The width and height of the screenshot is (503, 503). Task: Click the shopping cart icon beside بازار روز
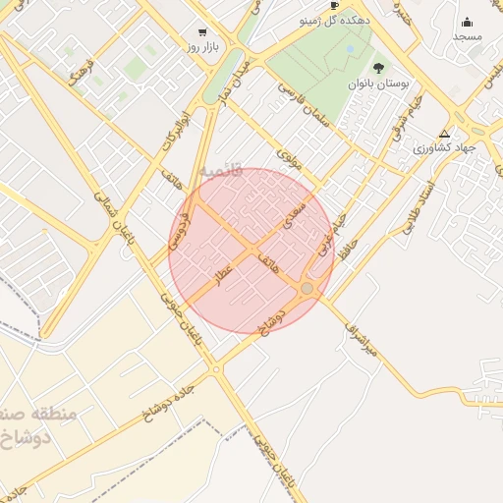pyautogui.click(x=202, y=31)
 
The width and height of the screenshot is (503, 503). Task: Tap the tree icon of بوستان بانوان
pyautogui.click(x=379, y=68)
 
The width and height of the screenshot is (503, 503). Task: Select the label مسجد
pyautogui.click(x=467, y=36)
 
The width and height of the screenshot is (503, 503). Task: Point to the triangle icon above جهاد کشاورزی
pyautogui.click(x=445, y=134)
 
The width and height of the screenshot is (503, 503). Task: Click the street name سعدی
pyautogui.click(x=295, y=215)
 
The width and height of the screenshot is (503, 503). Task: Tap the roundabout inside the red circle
pyautogui.click(x=307, y=288)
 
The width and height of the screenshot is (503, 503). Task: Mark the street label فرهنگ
pyautogui.click(x=80, y=71)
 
